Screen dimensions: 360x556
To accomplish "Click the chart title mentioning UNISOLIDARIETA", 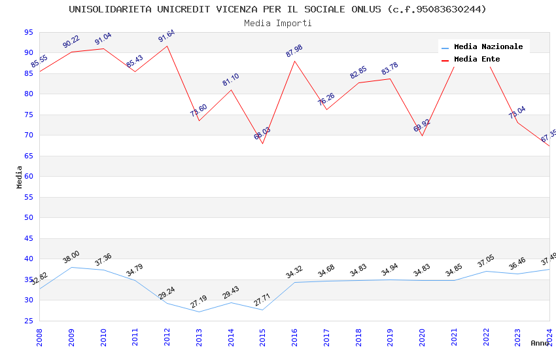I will pos(278,9).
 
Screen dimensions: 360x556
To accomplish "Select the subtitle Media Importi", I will pos(278,24).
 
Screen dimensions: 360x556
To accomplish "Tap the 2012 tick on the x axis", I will pos(167,336).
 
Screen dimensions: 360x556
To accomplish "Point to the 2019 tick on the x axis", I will pos(391,336).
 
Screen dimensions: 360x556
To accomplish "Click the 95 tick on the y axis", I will pos(28,32).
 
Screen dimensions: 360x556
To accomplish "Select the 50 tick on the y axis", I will pos(28,218).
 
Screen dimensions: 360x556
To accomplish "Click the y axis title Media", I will pos(20,177).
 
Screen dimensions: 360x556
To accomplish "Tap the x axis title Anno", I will pos(540,343).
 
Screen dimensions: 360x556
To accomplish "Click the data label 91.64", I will pos(167,37).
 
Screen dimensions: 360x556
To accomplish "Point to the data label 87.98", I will pos(294,51).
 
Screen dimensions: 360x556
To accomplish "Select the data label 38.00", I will pos(71,258).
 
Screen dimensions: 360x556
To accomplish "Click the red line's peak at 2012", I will pos(167,46).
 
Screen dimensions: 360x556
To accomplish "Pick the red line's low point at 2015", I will pos(263,143).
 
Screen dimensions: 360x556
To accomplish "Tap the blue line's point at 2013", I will pos(200,312).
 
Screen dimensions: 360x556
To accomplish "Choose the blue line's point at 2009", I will pos(71,267).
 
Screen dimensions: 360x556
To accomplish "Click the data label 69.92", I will pos(422,126).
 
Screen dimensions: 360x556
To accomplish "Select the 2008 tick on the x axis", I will pos(40,336).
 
